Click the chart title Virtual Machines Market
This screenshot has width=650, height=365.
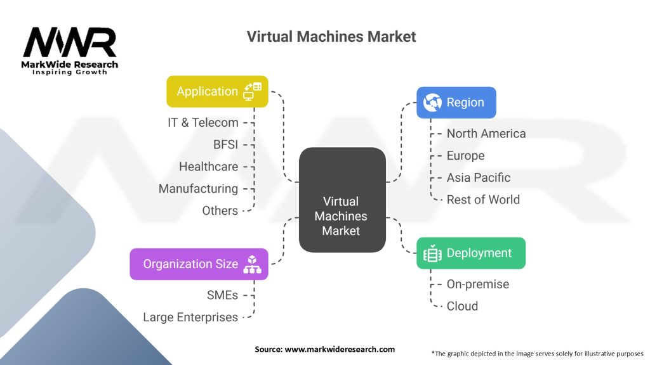[x=331, y=37]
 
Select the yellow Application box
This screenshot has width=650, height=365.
[x=217, y=92]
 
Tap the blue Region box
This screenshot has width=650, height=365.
[x=456, y=103]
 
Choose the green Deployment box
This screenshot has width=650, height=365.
[x=470, y=253]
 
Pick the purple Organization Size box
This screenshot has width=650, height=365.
[x=199, y=264]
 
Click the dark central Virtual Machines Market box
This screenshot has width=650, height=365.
[x=341, y=216]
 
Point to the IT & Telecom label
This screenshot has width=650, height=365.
[x=203, y=123]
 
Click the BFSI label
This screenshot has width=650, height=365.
[x=225, y=145]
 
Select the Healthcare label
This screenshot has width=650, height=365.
[x=208, y=167]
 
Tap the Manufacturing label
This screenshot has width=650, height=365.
[x=198, y=189]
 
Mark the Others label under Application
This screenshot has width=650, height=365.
[x=220, y=210]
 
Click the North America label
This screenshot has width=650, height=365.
[x=486, y=134]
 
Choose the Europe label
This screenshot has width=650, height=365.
[x=465, y=156]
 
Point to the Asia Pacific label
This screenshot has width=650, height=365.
[x=478, y=177]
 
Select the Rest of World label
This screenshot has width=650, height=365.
[x=482, y=200]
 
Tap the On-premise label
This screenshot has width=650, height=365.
[x=477, y=285]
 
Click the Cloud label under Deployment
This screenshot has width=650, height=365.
[x=462, y=306]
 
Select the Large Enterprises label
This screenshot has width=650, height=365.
[x=190, y=317]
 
